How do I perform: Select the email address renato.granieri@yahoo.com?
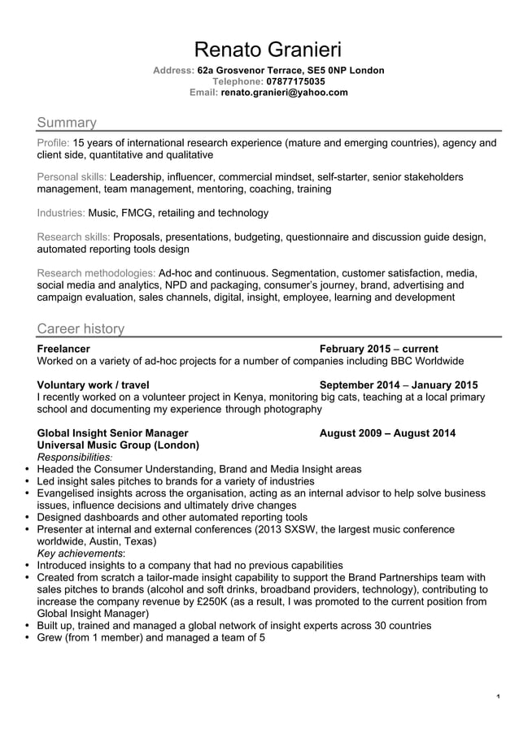point(284,93)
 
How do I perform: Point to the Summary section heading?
point(67,123)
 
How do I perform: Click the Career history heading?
point(81,328)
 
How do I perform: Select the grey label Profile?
point(54,143)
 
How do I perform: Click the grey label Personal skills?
point(72,176)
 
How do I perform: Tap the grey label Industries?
point(61,213)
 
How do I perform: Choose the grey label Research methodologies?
point(96,273)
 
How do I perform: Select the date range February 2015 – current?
point(379,349)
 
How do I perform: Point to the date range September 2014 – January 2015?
point(399,385)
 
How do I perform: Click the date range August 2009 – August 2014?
point(387,432)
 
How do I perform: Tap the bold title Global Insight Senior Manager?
point(113,432)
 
